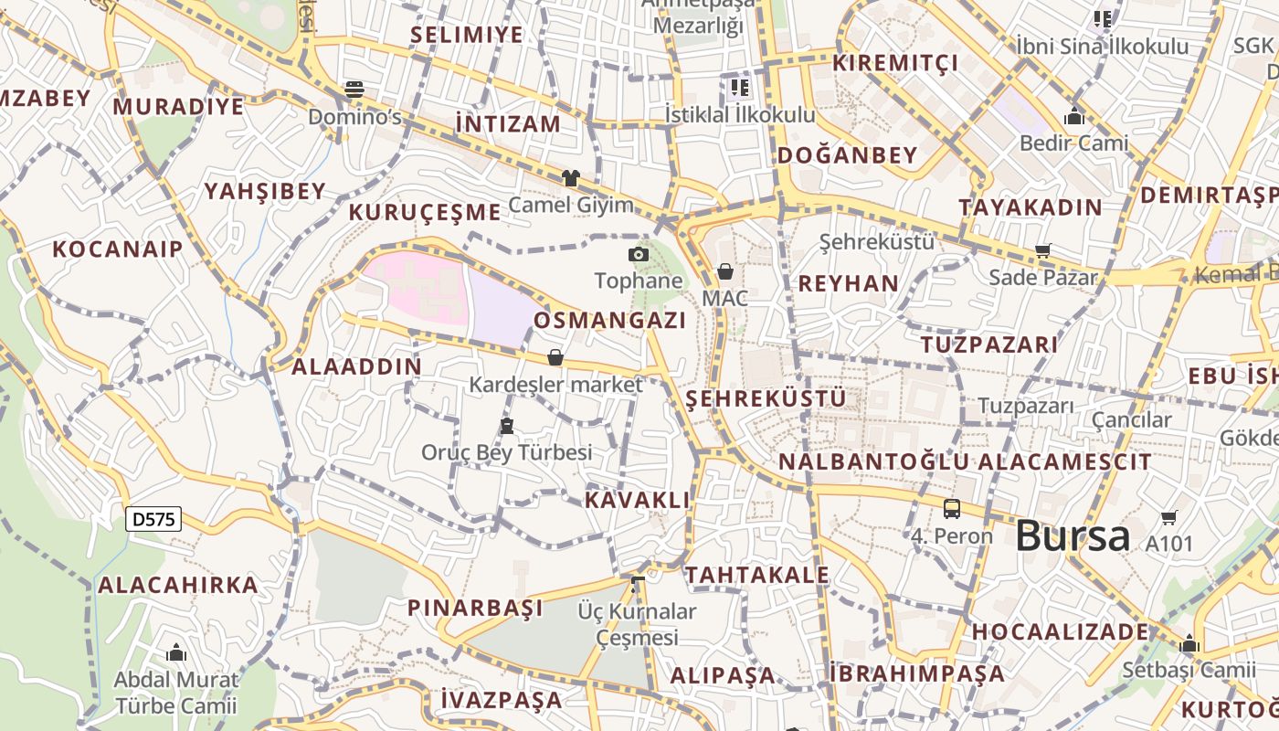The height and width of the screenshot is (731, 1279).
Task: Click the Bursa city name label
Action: [1073, 536]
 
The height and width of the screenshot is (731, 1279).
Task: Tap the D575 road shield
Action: [153, 520]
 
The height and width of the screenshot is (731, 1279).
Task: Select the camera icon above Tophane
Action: [639, 254]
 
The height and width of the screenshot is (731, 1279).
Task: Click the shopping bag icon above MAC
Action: [725, 271]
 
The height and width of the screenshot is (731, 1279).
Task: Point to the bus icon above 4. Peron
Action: [952, 509]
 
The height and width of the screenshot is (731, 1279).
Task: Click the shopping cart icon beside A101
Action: [1168, 518]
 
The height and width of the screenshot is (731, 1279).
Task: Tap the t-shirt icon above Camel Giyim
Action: [571, 178]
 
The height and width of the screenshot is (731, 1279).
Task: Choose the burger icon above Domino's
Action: [354, 89]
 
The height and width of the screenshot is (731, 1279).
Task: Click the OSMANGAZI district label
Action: [609, 321]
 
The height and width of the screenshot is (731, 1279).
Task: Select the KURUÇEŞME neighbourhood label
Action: [425, 213]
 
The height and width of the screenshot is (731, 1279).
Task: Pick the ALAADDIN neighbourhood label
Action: [356, 367]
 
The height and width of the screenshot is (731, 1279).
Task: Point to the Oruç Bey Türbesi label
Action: [506, 452]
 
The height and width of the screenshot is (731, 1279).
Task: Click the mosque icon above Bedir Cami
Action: [1073, 116]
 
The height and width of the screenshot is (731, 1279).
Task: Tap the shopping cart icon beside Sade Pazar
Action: [1042, 250]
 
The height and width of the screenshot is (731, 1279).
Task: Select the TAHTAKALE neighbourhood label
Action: [757, 575]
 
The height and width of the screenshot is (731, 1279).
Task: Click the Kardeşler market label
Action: [555, 385]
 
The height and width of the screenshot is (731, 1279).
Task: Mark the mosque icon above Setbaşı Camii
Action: [1189, 643]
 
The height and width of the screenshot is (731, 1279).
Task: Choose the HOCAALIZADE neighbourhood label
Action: [1060, 631]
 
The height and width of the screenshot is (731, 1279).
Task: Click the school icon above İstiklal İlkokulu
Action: [739, 88]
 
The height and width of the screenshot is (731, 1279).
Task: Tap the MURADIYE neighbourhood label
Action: [179, 106]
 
